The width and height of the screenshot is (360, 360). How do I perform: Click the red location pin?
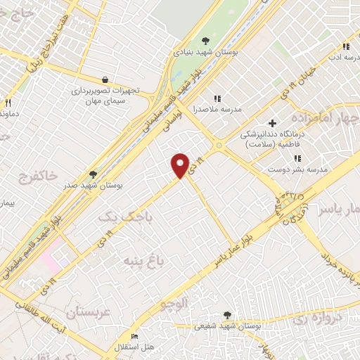pos(181,165)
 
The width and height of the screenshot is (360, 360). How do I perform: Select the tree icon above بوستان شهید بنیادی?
pos(205,41)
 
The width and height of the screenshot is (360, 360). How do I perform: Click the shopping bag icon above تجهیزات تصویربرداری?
pos(105,80)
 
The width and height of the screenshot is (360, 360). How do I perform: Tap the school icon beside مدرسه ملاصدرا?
pos(217,98)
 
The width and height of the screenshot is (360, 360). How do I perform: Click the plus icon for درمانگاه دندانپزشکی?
pos(272,124)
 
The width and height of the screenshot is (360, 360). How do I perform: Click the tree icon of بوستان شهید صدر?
pos(92,174)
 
